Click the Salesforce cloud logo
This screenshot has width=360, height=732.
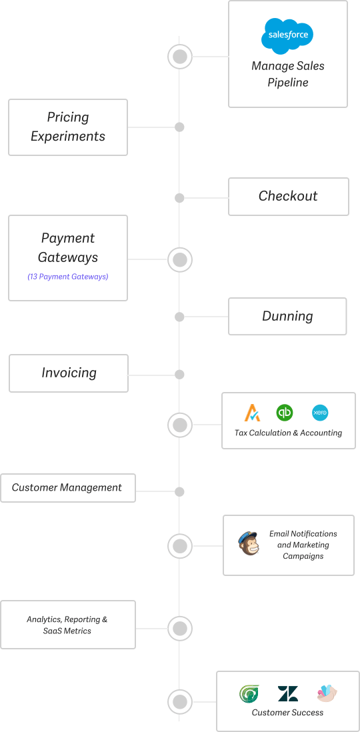point(287,34)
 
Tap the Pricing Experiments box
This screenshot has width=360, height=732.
point(68,127)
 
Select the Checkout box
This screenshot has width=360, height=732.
point(289,197)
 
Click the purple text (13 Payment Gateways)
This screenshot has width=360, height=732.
point(68,277)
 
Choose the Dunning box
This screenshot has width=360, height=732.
point(287,316)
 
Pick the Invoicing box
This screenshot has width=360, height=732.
point(68,373)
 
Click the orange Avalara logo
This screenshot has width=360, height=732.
point(252,413)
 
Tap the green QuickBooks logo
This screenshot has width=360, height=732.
point(285,413)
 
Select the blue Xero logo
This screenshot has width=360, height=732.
point(320,413)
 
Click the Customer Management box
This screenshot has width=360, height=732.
point(68,488)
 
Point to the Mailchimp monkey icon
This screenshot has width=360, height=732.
point(249,543)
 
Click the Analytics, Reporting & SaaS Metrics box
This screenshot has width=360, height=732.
point(68,625)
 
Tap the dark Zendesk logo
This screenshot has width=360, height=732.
point(287,694)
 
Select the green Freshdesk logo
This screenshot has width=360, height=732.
point(249,694)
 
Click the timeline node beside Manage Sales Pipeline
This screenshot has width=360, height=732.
point(180,57)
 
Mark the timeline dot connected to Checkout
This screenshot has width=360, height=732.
point(179,198)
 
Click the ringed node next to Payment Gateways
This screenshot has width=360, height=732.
point(180,259)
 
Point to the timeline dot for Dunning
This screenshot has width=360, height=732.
point(179,317)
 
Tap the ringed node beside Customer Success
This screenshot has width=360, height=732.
point(180,701)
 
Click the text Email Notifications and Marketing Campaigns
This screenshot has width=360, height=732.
point(303,545)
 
